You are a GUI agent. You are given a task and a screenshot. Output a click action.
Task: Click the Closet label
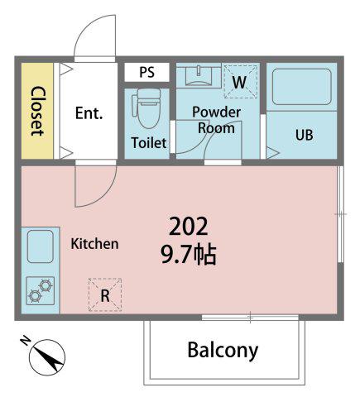37,111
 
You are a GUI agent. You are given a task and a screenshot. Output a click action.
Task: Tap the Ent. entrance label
89,112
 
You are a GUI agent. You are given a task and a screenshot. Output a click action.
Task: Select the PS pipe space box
146,72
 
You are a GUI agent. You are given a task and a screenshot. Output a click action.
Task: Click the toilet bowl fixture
147,108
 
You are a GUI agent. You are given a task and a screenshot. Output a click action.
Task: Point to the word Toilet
149,142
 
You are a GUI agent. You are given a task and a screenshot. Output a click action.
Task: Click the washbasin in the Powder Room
199,75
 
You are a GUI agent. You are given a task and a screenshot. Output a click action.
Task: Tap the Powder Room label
217,120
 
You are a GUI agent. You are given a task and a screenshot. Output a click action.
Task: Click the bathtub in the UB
302,87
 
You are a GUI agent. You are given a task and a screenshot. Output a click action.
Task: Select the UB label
305,135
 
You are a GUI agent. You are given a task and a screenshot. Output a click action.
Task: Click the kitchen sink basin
41,246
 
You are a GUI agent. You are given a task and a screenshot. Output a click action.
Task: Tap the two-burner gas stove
41,291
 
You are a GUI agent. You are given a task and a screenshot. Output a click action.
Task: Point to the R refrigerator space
105,295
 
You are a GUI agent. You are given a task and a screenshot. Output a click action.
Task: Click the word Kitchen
94,244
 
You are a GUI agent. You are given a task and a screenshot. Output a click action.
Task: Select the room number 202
188,226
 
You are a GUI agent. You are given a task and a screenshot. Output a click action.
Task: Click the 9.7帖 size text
189,255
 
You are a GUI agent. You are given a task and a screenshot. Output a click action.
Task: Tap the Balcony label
223,351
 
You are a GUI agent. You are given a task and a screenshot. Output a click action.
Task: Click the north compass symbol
47,356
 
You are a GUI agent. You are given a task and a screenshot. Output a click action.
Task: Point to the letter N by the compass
26,341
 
